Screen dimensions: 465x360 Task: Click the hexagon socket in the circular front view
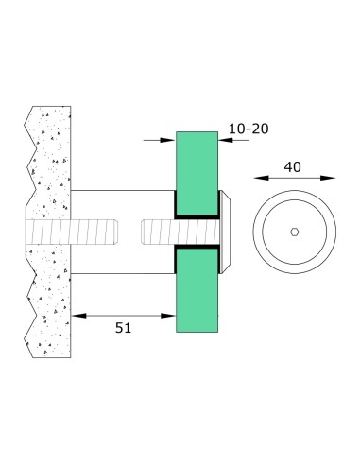point(296,232)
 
